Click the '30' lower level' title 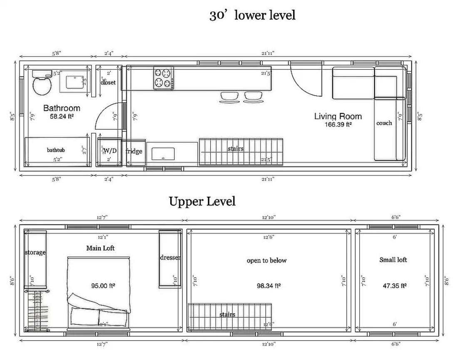click(x=252, y=16)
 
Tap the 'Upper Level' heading click(x=202, y=201)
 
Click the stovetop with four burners click(x=163, y=78)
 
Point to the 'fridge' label click(x=134, y=151)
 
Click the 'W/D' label click(x=110, y=150)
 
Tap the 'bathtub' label click(x=56, y=150)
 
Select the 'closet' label click(x=108, y=82)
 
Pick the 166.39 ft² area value click(x=338, y=124)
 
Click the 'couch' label click(x=384, y=123)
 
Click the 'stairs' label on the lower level click(x=235, y=149)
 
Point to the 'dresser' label click(x=170, y=258)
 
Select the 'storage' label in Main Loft click(x=35, y=253)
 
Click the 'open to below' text click(x=266, y=261)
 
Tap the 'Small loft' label click(x=393, y=260)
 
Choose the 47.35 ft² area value click(x=394, y=286)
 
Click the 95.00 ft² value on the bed click(x=103, y=286)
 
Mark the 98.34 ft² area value click(x=269, y=286)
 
